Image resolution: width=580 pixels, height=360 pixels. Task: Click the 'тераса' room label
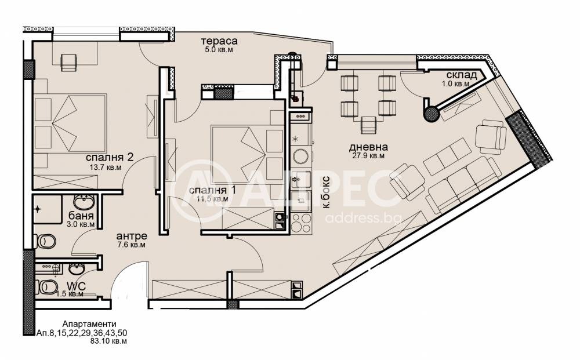tap(219, 41)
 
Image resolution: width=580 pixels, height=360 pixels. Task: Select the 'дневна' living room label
tap(368, 147)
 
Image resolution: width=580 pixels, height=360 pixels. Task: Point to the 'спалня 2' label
tap(110, 158)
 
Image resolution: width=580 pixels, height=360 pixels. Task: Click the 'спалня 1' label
tap(212, 190)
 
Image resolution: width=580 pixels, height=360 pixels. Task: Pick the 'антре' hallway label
tap(132, 236)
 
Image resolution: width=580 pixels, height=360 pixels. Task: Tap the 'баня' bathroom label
tap(81, 216)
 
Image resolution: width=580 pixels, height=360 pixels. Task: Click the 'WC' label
tap(77, 286)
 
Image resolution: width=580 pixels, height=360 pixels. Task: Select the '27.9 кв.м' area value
tap(368, 155)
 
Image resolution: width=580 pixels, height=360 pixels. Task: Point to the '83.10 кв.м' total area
tap(108, 341)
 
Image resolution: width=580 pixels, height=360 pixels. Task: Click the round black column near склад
tap(432, 114)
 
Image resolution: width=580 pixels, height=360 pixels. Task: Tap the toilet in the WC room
tap(47, 287)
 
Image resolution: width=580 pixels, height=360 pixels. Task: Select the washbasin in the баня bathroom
tap(84, 202)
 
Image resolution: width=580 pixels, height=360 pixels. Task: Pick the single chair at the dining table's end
tap(369, 125)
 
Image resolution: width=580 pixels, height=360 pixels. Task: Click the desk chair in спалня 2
tap(68, 63)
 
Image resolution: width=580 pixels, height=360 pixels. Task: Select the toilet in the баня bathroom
tap(45, 242)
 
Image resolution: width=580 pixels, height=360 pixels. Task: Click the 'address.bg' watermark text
tap(363, 219)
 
